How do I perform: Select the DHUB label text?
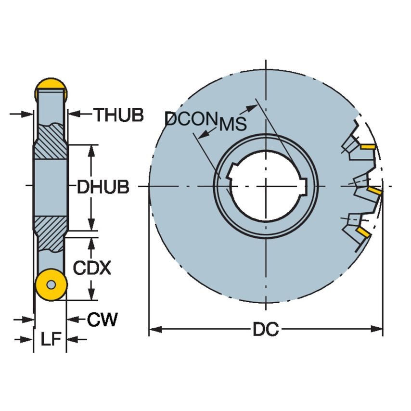click(x=103, y=187)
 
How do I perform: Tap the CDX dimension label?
click(x=92, y=268)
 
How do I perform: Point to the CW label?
click(x=102, y=319)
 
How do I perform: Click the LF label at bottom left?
click(x=51, y=340)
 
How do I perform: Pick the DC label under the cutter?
click(x=266, y=330)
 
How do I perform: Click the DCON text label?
click(x=189, y=119)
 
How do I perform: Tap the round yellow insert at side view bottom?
click(x=51, y=285)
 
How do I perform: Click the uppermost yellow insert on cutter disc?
click(x=368, y=146)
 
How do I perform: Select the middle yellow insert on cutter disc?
click(x=374, y=192)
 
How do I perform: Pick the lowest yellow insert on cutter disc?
click(x=363, y=233)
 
